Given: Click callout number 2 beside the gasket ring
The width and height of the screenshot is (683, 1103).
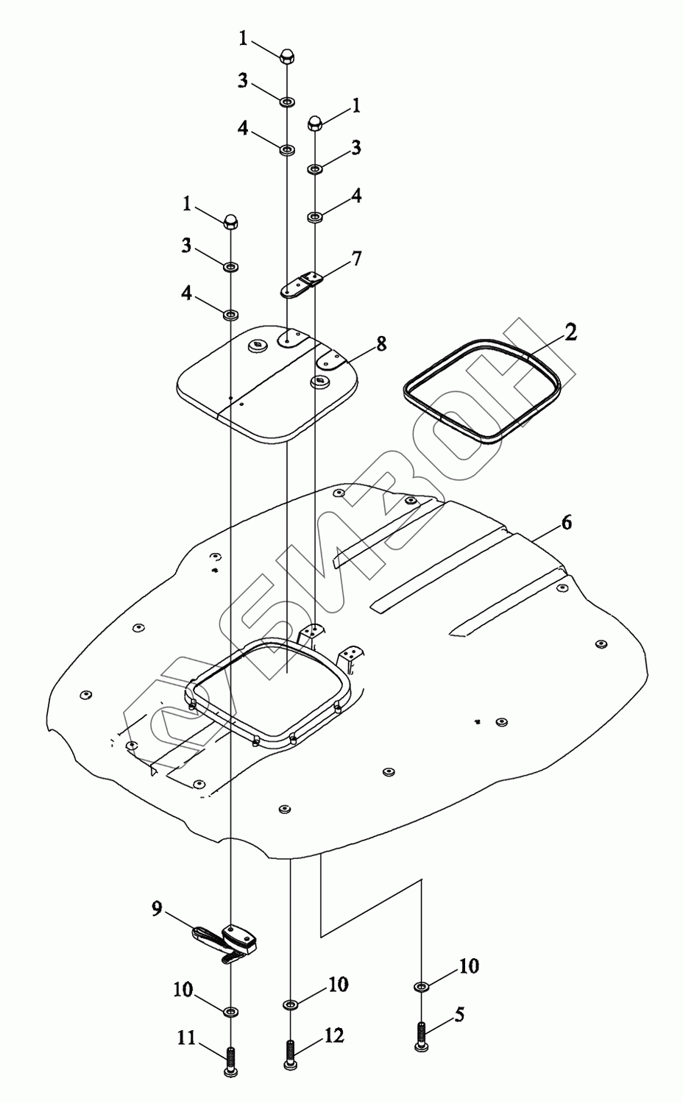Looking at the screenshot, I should [570, 332].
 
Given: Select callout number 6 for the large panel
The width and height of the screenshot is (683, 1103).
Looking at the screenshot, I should [566, 523].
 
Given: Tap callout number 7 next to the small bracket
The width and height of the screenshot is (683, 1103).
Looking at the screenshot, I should [356, 259].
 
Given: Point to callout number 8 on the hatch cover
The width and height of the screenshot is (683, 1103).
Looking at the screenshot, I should [381, 343].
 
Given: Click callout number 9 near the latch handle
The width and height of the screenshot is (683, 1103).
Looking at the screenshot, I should [157, 909].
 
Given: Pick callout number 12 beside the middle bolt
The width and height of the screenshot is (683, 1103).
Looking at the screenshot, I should [333, 1035].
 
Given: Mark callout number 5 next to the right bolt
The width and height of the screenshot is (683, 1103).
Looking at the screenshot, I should [459, 1015].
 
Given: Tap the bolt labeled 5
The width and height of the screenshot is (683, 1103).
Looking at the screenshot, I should [420, 1037].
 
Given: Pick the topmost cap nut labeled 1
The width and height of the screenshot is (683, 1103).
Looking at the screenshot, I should [286, 54].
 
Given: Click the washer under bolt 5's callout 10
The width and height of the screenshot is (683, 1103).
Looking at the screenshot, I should [420, 986].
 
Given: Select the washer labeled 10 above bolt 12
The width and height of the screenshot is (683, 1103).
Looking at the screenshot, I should [290, 1003].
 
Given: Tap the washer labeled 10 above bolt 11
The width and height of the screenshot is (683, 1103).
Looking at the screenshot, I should [231, 1011].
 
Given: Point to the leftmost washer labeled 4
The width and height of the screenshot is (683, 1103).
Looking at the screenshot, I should [231, 315].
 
